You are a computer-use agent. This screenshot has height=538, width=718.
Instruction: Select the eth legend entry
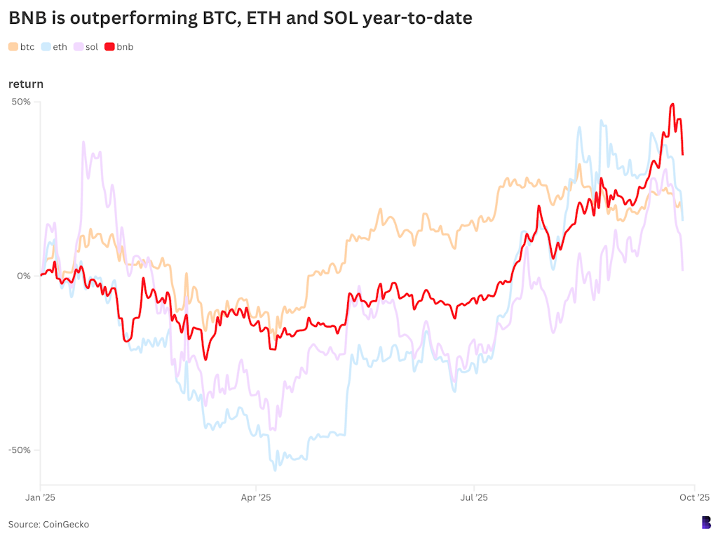tap(54, 47)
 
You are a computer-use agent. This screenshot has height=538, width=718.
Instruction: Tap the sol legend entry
tap(86, 47)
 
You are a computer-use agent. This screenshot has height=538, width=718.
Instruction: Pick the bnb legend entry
tap(119, 47)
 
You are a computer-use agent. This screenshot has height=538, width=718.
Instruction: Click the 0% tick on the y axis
tap(25, 276)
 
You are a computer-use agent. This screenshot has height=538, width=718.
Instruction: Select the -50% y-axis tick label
tap(20, 450)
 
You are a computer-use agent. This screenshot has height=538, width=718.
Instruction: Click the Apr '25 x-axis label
tap(256, 498)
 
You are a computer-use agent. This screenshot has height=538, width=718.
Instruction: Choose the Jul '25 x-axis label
tap(474, 498)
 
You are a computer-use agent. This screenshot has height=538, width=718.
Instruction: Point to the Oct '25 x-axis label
tap(694, 498)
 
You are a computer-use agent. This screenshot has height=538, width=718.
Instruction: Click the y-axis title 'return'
tap(26, 84)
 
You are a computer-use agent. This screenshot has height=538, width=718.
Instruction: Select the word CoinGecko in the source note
tap(66, 524)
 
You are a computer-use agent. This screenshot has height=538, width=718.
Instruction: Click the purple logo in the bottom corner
tap(706, 523)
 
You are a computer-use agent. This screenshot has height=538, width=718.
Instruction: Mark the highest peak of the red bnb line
tap(672, 104)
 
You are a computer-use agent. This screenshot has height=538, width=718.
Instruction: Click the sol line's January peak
tap(83, 142)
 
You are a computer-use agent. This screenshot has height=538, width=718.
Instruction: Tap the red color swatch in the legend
tap(109, 47)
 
